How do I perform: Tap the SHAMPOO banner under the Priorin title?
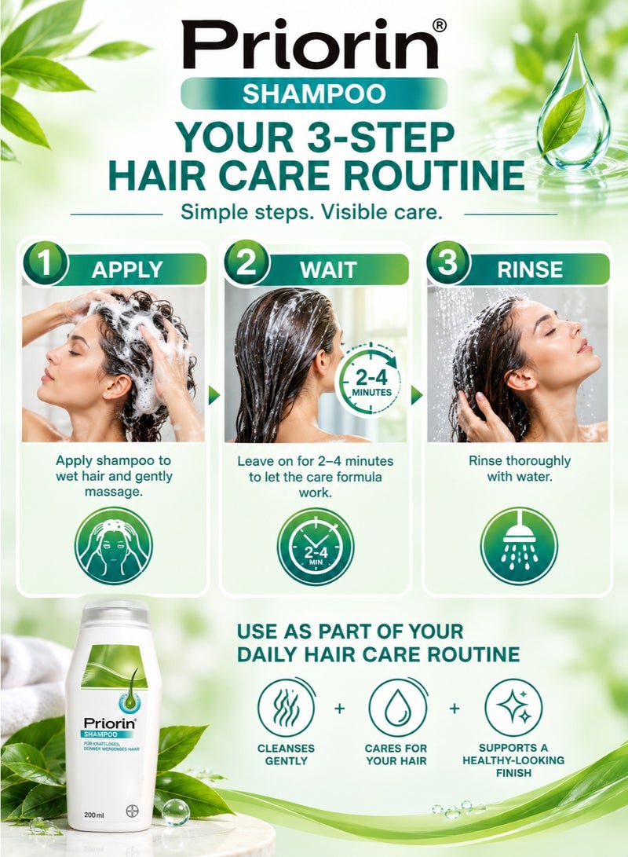[x=313, y=93]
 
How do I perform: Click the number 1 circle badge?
[x=45, y=262]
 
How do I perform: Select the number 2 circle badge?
[x=246, y=262]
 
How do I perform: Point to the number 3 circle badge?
[x=448, y=262]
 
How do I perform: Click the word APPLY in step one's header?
[x=127, y=269]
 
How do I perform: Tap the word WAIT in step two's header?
[x=328, y=269]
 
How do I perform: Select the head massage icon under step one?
[x=114, y=546]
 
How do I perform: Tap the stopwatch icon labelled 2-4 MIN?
[x=316, y=546]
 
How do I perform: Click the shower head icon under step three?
[x=519, y=545]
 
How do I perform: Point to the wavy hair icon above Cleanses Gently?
[x=287, y=708]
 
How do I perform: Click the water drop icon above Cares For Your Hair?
[x=397, y=708]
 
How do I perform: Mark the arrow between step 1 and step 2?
[x=214, y=394]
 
